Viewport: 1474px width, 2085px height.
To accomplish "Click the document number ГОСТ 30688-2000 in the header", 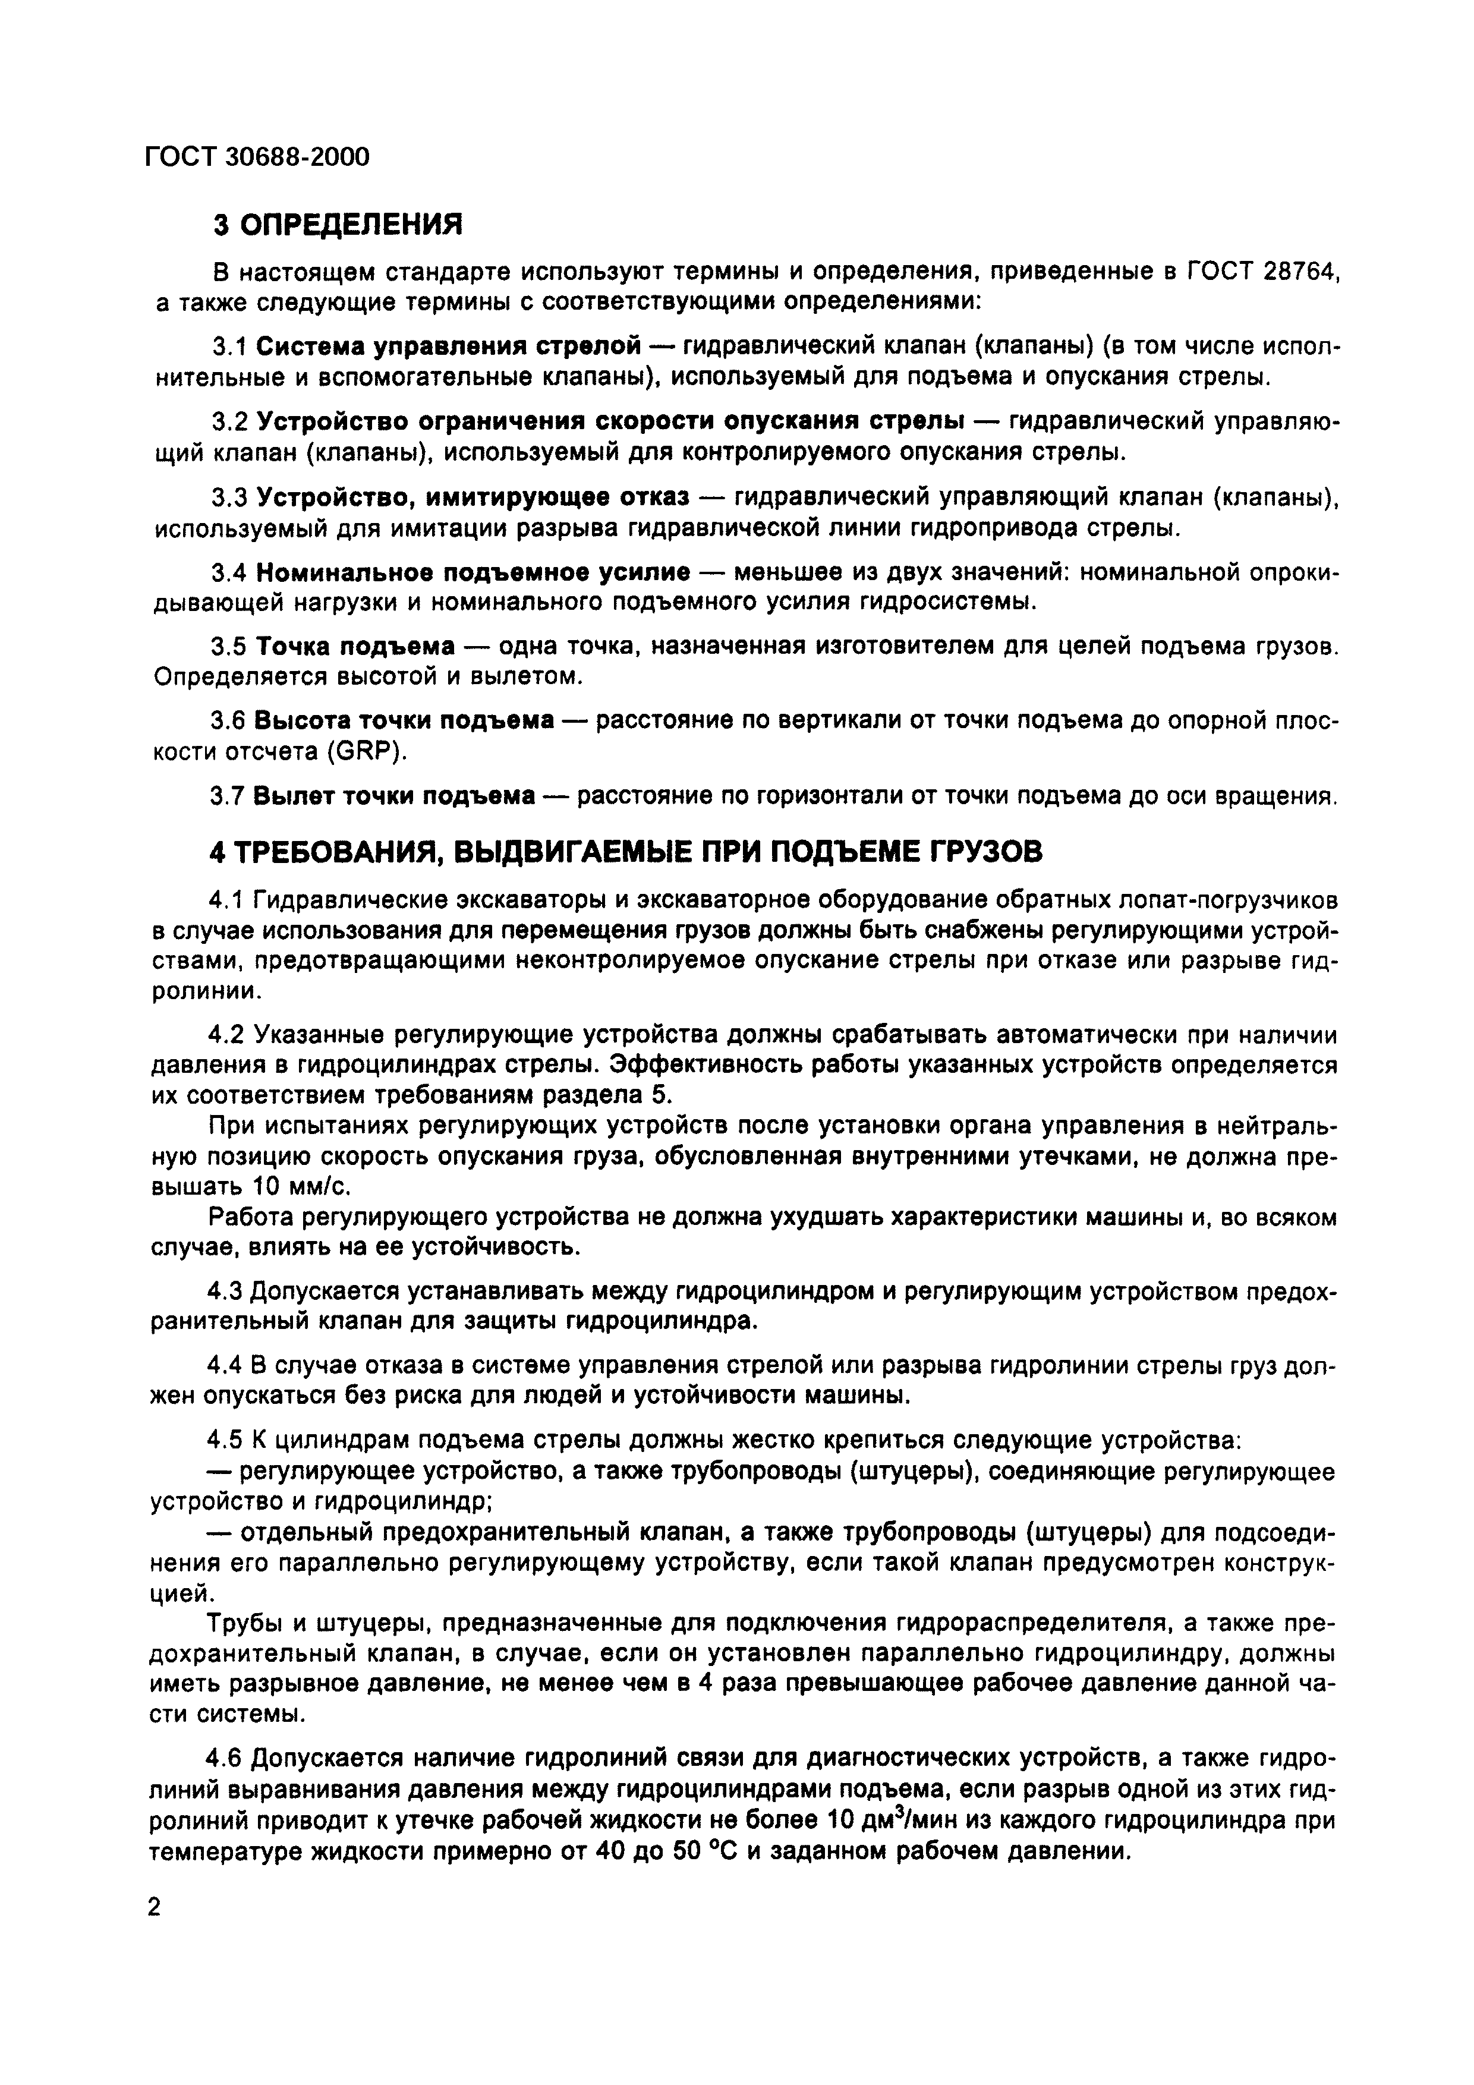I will [x=257, y=157].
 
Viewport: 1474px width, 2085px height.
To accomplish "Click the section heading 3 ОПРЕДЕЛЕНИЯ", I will [x=338, y=223].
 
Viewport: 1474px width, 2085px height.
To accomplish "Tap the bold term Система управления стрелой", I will [x=449, y=346].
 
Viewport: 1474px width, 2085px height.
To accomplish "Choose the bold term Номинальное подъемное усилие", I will [x=473, y=572].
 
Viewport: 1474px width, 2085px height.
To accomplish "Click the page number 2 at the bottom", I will [x=153, y=1907].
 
